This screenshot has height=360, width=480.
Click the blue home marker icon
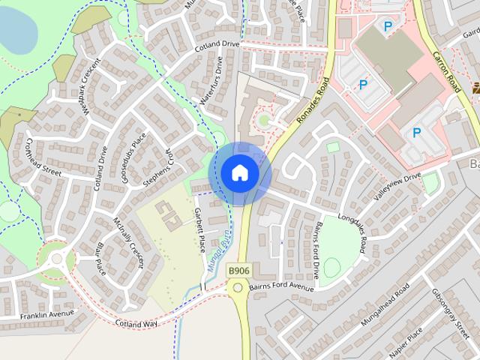(x=239, y=173)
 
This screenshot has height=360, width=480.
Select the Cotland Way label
(x=136, y=323)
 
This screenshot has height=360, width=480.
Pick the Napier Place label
(x=406, y=340)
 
